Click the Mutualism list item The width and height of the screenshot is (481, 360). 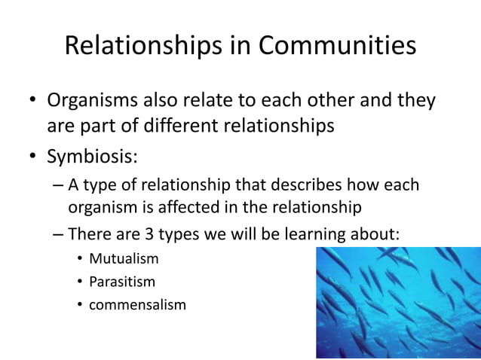(x=124, y=260)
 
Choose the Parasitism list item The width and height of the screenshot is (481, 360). (x=122, y=282)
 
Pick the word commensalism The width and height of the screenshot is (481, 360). (x=137, y=305)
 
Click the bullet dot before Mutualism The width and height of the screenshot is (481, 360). (x=79, y=261)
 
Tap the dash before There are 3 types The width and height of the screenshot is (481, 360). (x=59, y=233)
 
